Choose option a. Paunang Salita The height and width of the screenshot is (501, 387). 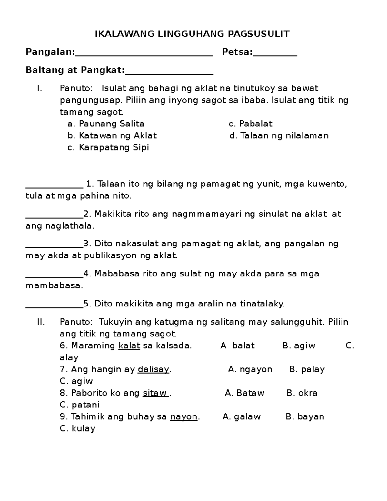106,124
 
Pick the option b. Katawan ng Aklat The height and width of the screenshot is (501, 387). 112,136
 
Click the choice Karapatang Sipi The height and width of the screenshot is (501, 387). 108,148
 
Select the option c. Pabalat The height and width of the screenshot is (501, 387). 250,124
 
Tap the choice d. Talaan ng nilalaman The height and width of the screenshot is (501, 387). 279,136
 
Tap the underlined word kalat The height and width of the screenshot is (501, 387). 129,346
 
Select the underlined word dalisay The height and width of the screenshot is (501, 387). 153,369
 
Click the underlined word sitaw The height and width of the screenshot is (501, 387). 155,393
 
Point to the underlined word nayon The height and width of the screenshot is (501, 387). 184,417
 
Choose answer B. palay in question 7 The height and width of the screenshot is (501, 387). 307,369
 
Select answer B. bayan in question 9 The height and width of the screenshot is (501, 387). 305,417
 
